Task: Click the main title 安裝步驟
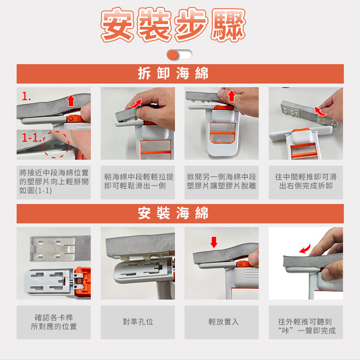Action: pyautogui.click(x=174, y=24)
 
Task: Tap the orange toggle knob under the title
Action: pyautogui.click(x=173, y=55)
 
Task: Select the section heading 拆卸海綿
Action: pyautogui.click(x=173, y=73)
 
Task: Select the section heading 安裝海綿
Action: pyautogui.click(x=173, y=213)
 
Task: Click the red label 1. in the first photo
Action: pyautogui.click(x=26, y=96)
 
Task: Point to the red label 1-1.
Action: pyautogui.click(x=31, y=138)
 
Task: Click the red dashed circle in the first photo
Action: pyautogui.click(x=55, y=144)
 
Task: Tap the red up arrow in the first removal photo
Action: pyautogui.click(x=71, y=101)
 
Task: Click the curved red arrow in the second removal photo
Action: pyautogui.click(x=135, y=103)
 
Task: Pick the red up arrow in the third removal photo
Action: pyautogui.click(x=231, y=96)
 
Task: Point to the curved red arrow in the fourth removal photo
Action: pyautogui.click(x=320, y=111)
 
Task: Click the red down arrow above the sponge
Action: pyautogui.click(x=214, y=242)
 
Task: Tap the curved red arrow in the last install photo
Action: pyautogui.click(x=305, y=248)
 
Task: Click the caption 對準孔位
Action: pyautogui.click(x=138, y=322)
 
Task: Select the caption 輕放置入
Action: pyautogui.click(x=224, y=322)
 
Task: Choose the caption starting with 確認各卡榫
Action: pyautogui.click(x=54, y=322)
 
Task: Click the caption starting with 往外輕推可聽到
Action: pyautogui.click(x=307, y=326)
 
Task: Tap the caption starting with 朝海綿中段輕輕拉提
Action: pyautogui.click(x=138, y=181)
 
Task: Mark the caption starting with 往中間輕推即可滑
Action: pyautogui.click(x=306, y=181)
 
